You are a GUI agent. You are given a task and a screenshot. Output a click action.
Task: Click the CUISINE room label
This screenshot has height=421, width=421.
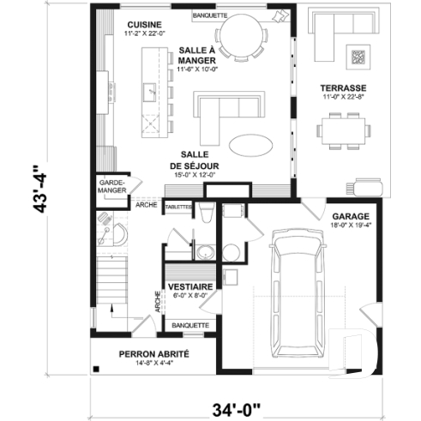(x=140, y=24)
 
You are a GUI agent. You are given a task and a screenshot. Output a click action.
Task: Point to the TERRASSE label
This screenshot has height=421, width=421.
(x=344, y=88)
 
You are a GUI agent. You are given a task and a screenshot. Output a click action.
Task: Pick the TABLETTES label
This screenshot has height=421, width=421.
(x=177, y=207)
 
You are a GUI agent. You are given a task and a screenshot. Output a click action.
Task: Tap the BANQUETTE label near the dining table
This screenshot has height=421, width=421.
(x=210, y=15)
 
